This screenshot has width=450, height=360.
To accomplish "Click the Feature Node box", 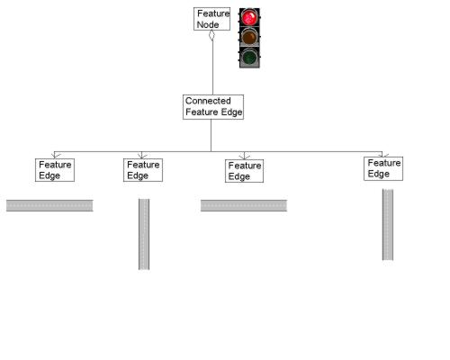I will pos(213,19).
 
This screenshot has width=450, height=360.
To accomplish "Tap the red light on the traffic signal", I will pos(249,17).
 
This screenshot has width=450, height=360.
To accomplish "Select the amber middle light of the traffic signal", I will pos(249,37).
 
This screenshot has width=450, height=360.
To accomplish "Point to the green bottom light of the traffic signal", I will pos(249,57).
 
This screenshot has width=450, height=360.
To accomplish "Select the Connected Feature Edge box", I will pos(213,106).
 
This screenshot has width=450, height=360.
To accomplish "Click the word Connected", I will pos(208,101).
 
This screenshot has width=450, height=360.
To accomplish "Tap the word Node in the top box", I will pos(208,24).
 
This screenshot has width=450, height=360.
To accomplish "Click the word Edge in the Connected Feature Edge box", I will pos(230,112).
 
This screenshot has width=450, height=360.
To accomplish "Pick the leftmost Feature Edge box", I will pos(54,169).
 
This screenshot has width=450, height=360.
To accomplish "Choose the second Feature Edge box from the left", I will pos(142,169).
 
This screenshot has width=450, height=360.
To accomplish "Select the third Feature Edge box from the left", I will pos(244,170).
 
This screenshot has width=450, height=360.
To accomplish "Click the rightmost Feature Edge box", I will pos(383,167).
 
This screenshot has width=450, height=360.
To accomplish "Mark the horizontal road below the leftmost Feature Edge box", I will pos(49,205).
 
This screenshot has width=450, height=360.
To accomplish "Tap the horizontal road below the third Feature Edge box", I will pos(243,205).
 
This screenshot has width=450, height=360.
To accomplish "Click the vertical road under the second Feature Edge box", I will pos(143,233).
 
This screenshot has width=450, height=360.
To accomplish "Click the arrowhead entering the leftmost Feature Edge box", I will pos(55,156).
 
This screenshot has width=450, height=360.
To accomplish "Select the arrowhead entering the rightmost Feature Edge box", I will pos(382,154).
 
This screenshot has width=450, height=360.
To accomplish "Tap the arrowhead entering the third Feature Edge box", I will pos(244,156).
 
